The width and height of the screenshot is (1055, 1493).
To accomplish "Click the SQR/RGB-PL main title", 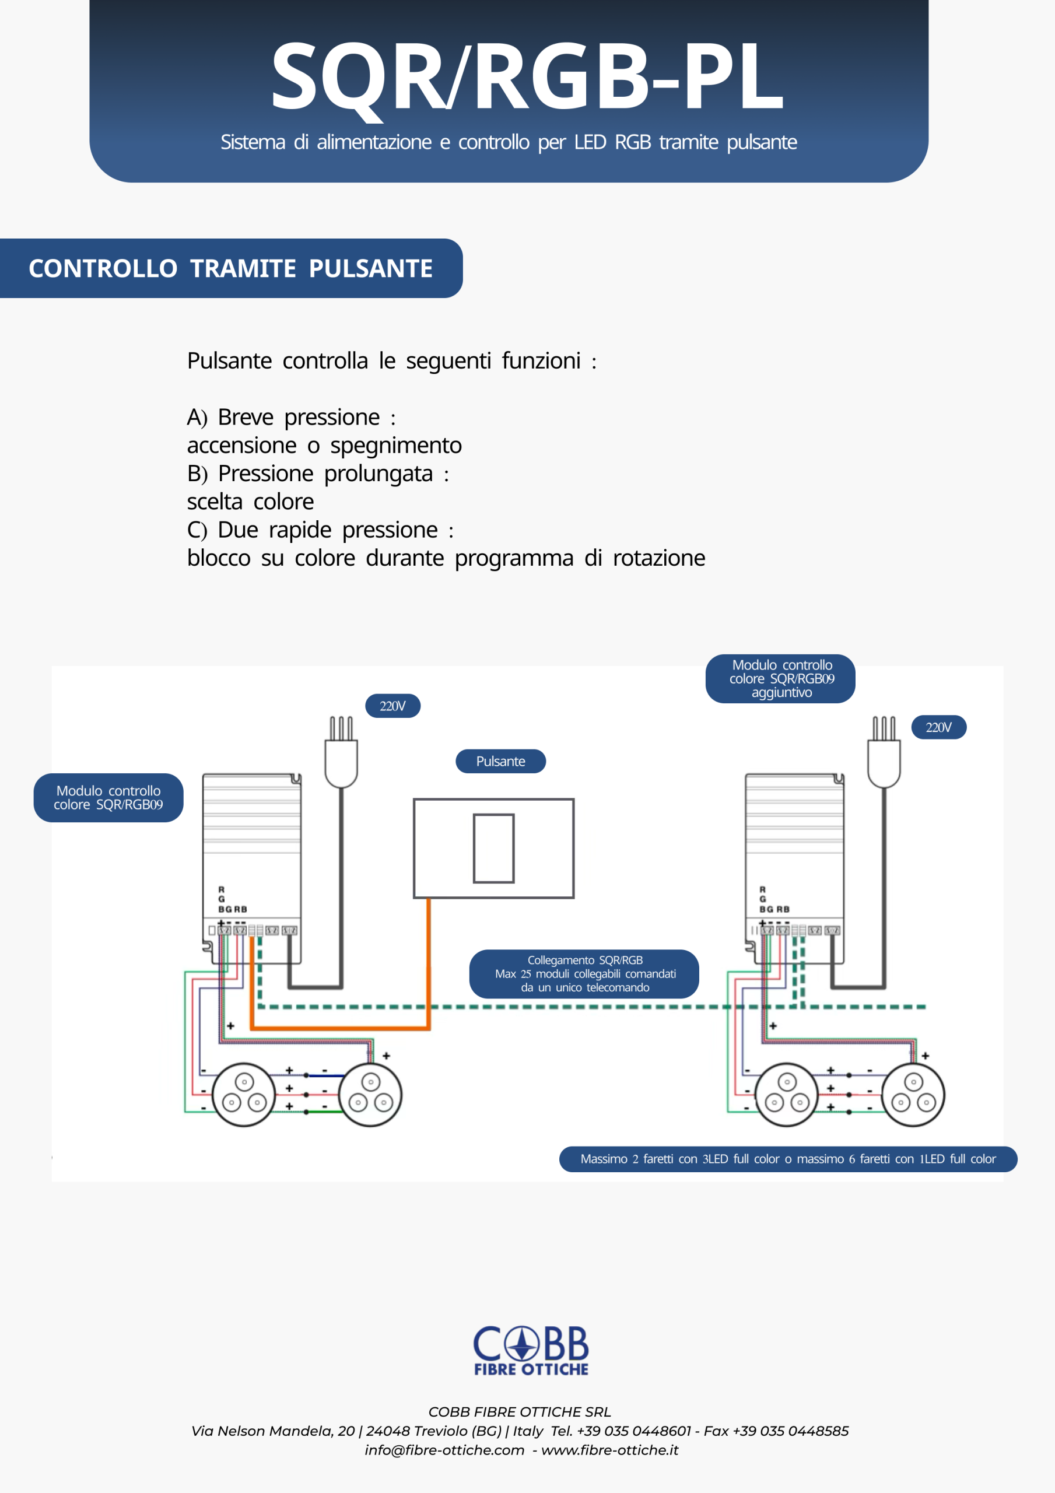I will point(527,77).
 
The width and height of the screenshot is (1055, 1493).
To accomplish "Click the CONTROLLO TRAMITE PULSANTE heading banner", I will point(231,268).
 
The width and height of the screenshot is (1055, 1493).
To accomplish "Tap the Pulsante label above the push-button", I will point(500,762).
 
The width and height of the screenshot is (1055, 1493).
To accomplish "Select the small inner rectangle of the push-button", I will point(494,848).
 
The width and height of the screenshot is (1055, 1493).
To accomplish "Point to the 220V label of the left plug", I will point(392,706).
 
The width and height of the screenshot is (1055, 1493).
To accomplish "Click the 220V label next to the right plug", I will point(938,727).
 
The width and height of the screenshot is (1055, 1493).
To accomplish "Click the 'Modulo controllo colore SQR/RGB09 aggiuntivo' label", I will point(780,678).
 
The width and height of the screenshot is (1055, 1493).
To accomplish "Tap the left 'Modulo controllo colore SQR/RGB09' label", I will point(108,798).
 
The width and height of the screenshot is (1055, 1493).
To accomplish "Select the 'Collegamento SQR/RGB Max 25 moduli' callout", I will point(584,973).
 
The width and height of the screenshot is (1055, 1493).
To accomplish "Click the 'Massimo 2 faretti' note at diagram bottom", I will point(788,1159).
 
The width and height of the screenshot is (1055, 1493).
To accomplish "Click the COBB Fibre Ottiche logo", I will point(531,1351).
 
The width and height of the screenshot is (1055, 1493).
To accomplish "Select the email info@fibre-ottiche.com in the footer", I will point(444,1450).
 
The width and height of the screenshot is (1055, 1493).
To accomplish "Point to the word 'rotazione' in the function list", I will point(658,558).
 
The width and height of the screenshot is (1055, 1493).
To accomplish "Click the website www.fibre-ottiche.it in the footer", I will point(609,1450).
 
